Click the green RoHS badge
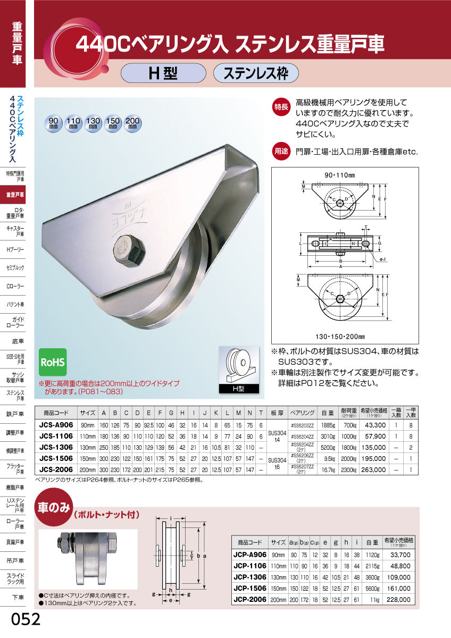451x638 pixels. pyautogui.click(x=53, y=363)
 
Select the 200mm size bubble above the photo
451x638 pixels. pyautogui.click(x=132, y=124)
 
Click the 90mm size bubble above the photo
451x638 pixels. pyautogui.click(x=53, y=124)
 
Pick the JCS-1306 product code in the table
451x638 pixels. pyautogui.click(x=56, y=448)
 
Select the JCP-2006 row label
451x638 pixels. pyautogui.click(x=250, y=599)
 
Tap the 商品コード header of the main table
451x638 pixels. pyautogui.click(x=56, y=412)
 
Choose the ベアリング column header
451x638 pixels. pyautogui.click(x=302, y=412)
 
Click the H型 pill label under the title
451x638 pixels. pyautogui.click(x=163, y=73)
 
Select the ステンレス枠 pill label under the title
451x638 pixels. pyautogui.click(x=256, y=73)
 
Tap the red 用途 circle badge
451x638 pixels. pyautogui.click(x=281, y=151)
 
